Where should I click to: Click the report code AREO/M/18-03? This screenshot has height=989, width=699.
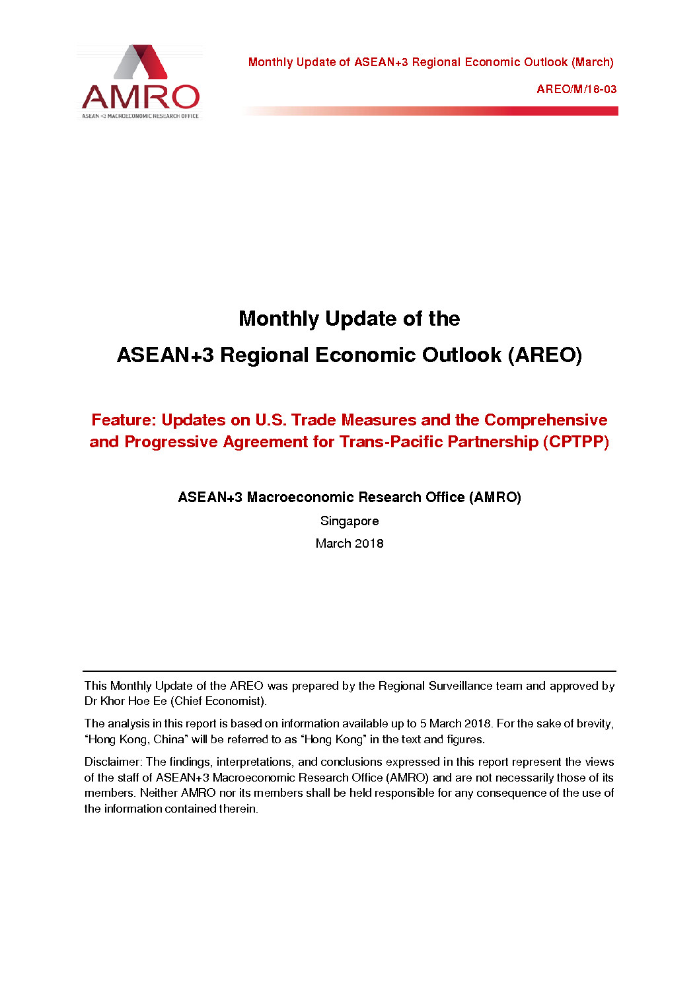[576, 89]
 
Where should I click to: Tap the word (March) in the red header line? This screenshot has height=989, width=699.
[593, 62]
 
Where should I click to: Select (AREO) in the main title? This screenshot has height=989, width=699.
[545, 355]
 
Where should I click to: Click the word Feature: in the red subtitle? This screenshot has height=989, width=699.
[124, 420]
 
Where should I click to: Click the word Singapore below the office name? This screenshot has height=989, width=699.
[349, 521]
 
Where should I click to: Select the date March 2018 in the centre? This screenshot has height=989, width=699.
[349, 544]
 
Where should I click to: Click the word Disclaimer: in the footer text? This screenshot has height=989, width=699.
[113, 762]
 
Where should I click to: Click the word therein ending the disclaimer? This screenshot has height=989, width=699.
[239, 809]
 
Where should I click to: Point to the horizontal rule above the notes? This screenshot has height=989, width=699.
[349, 671]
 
